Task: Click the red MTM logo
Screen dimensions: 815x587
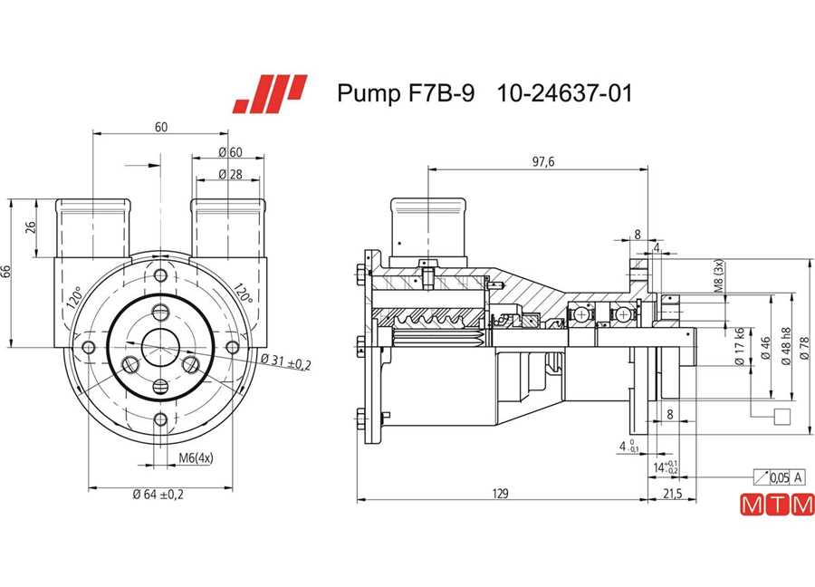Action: tap(777, 505)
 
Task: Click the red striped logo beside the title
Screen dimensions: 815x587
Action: tap(270, 94)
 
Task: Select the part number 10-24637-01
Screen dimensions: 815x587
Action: tap(564, 93)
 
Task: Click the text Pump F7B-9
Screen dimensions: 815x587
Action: tap(406, 93)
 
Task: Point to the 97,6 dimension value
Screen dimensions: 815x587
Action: tap(543, 162)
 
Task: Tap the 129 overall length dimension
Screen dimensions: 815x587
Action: tap(500, 493)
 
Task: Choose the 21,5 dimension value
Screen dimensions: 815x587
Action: tap(672, 494)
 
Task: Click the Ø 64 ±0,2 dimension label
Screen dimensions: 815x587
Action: tap(158, 495)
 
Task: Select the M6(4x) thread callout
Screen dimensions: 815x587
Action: tap(196, 458)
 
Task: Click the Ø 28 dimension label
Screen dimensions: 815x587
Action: tap(230, 174)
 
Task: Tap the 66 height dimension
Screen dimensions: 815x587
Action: tap(6, 272)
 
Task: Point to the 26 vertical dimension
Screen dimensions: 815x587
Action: tap(31, 227)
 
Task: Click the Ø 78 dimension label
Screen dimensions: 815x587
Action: tap(805, 348)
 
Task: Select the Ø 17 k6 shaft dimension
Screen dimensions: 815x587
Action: tap(739, 346)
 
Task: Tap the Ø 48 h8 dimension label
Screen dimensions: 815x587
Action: tap(785, 346)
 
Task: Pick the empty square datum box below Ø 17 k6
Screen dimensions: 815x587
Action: tap(782, 417)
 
